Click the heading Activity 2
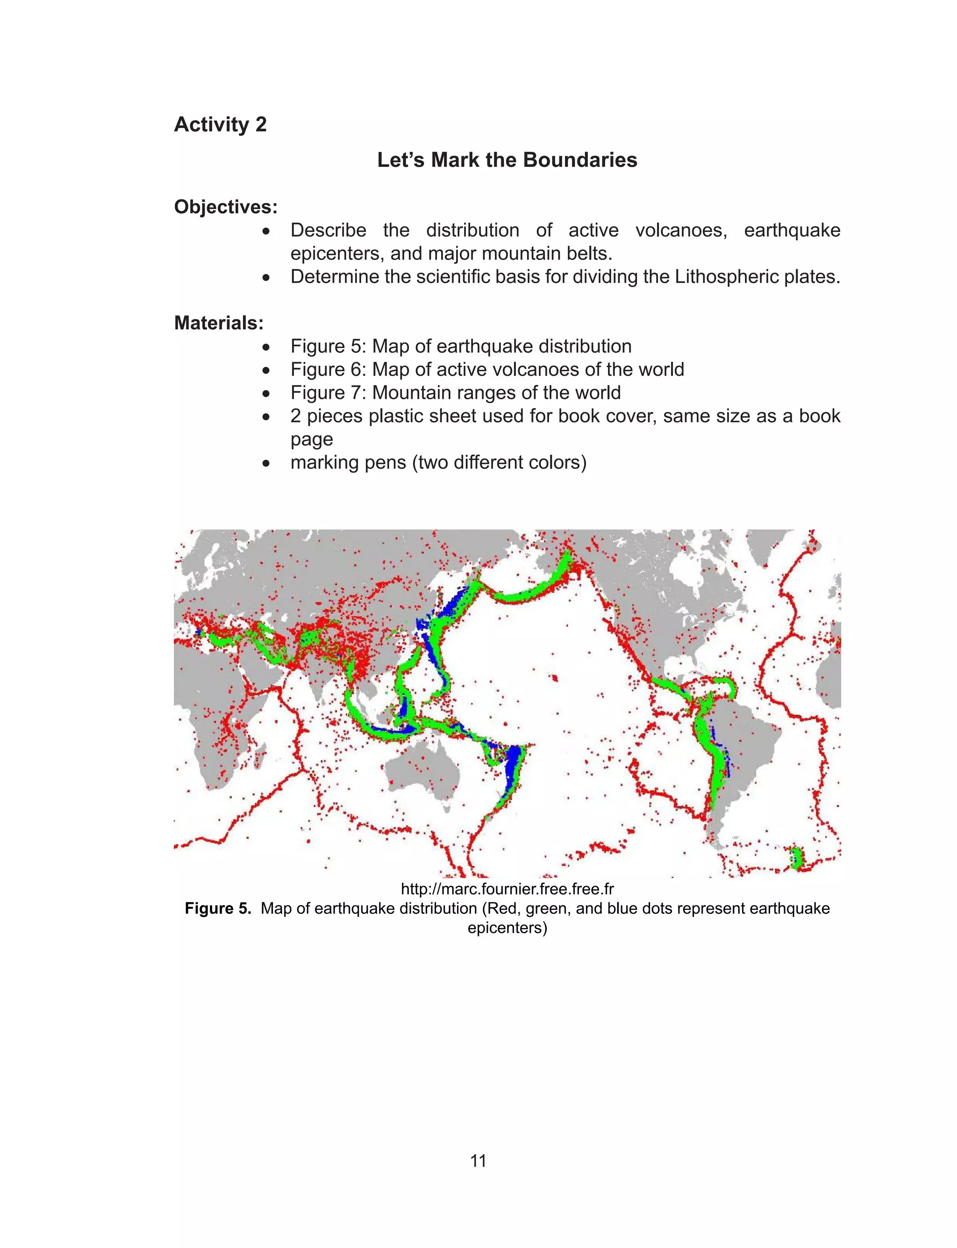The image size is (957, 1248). click(220, 124)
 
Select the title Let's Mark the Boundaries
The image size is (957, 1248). click(507, 159)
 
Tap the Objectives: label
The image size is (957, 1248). click(226, 207)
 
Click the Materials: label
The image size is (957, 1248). click(219, 323)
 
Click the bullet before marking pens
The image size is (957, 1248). click(266, 463)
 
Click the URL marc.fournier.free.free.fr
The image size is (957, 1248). click(507, 889)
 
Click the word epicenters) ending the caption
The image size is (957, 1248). click(507, 928)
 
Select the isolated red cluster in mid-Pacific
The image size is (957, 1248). click(554, 678)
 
